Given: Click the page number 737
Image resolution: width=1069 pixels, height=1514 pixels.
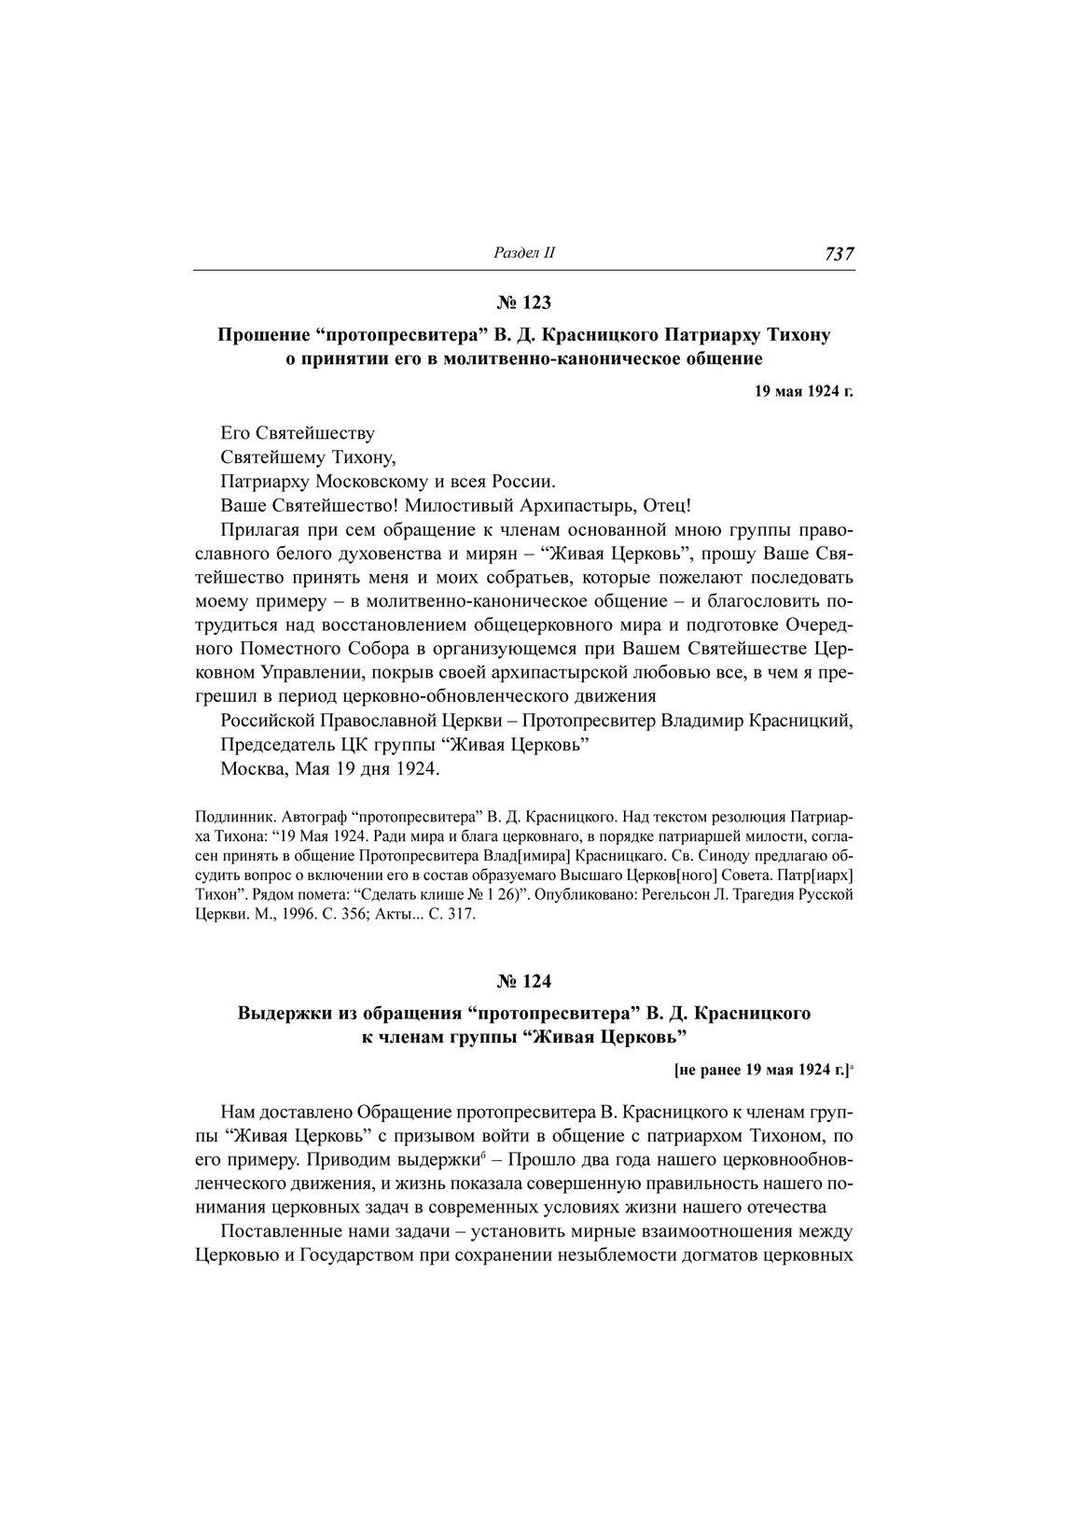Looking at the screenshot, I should [839, 254].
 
